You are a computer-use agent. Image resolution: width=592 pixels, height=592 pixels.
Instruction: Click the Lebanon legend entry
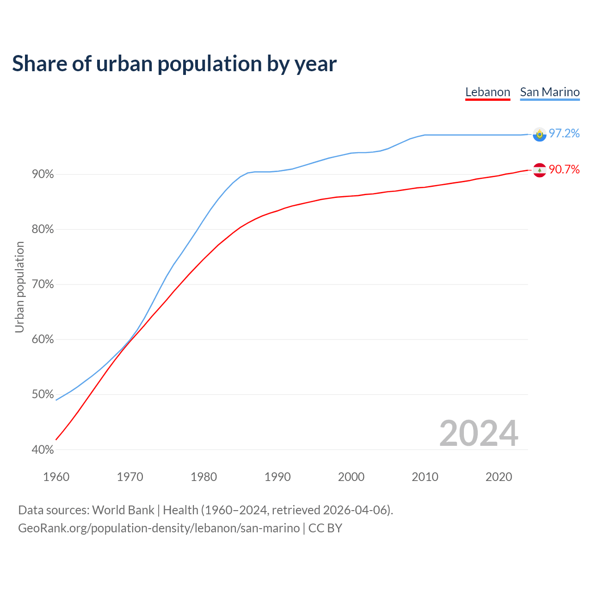[x=487, y=92]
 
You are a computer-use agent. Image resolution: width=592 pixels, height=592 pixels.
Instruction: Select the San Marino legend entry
[x=549, y=92]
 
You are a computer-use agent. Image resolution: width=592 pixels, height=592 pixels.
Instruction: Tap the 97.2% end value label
[x=564, y=134]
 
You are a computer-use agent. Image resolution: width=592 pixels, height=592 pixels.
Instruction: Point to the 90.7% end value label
[x=564, y=170]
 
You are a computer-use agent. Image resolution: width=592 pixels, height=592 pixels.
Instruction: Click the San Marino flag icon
[x=539, y=134]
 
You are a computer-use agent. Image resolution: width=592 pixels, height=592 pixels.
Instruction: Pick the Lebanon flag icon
[x=539, y=170]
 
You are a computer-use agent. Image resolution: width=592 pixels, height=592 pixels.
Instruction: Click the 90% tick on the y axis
[x=43, y=174]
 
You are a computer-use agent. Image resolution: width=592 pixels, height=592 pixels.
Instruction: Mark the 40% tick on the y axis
[x=43, y=450]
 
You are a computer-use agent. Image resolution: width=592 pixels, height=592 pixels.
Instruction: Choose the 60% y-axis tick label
[x=43, y=339]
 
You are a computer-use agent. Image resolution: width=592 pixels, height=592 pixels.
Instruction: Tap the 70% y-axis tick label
[x=43, y=284]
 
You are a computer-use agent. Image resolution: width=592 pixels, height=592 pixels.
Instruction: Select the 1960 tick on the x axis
[x=56, y=477]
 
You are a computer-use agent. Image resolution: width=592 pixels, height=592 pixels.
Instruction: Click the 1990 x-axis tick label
[x=277, y=477]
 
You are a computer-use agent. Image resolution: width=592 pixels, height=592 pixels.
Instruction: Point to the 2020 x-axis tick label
[x=499, y=477]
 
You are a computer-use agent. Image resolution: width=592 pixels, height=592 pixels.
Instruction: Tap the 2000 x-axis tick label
[x=351, y=477]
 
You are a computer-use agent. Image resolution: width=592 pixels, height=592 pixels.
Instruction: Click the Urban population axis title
[x=19, y=287]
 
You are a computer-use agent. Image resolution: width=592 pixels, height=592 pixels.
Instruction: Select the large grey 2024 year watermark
[x=479, y=434]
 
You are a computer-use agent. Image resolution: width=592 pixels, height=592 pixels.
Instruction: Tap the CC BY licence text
[x=325, y=528]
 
